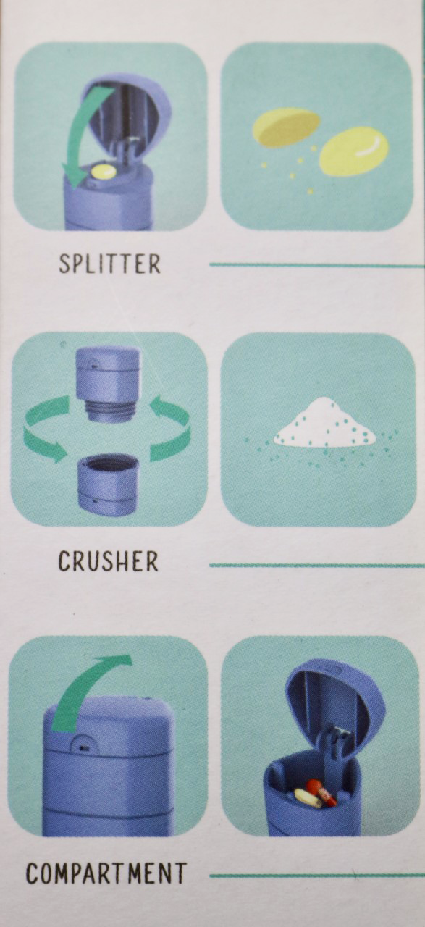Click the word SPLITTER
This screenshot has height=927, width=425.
coord(109,264)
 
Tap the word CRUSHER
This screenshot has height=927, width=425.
coord(108,561)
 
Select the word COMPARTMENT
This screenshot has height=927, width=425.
coord(106,873)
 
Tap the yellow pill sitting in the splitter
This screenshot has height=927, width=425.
coord(103,172)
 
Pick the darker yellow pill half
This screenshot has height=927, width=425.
coord(285,127)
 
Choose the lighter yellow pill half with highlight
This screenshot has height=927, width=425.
coord(353,151)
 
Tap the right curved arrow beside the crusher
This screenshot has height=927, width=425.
coord(172,431)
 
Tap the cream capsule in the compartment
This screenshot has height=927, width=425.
coord(308,798)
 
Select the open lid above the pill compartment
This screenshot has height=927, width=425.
coord(329,699)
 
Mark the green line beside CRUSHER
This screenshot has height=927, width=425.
coord(316,565)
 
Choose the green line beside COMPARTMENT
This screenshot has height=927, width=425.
coord(316,876)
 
